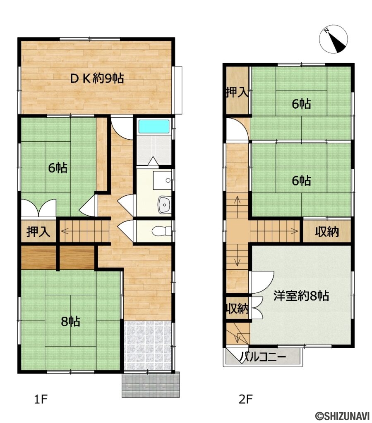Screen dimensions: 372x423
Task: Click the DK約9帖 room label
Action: [97, 78]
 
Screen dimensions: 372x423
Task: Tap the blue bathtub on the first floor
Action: [154, 126]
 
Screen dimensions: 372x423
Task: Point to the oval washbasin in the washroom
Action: [164, 205]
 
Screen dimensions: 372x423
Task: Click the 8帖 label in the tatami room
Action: [70, 321]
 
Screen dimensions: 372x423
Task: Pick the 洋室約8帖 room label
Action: [301, 296]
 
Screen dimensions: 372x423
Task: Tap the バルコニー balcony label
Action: [264, 357]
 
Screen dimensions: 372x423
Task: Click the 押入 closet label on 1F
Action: [38, 231]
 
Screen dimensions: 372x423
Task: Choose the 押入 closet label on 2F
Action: [237, 93]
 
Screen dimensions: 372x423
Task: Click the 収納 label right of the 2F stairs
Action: [327, 231]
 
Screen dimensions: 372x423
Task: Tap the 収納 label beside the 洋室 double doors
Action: [237, 308]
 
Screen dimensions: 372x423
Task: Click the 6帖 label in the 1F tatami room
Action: [58, 168]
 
